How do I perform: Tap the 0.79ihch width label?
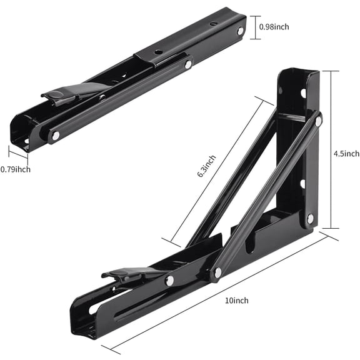click(x=16, y=169)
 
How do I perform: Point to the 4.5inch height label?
click(x=346, y=153)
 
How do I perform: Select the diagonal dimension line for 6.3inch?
click(x=212, y=169)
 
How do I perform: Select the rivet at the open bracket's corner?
click(x=310, y=218)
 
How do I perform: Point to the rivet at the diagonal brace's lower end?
click(x=217, y=272)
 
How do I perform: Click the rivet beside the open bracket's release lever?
click(x=169, y=281)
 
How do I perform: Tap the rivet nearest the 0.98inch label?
click(x=241, y=31)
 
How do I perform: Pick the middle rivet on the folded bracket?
click(x=187, y=64)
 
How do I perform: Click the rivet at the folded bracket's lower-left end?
click(x=56, y=135)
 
